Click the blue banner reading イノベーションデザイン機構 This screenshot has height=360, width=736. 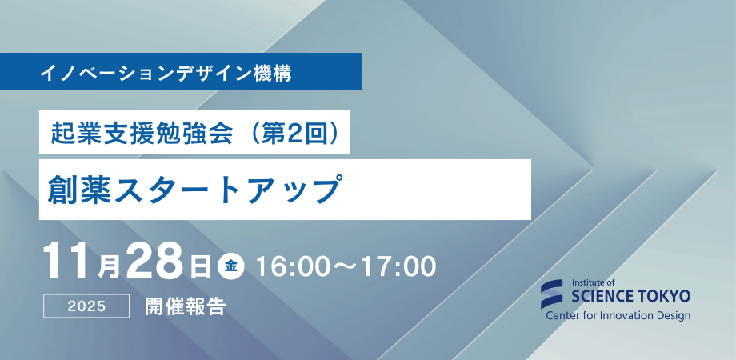click(x=181, y=71)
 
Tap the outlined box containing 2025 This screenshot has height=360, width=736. click(x=87, y=306)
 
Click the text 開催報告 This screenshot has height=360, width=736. click(x=185, y=306)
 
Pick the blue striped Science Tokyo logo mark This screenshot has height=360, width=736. click(x=554, y=294)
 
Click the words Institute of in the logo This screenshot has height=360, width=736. click(x=594, y=282)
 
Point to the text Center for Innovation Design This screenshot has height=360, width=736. click(x=618, y=315)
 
